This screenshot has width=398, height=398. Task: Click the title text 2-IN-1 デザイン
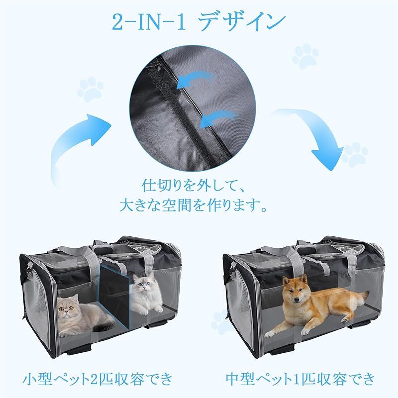click(x=199, y=23)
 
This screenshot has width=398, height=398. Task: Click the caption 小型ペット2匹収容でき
click(x=99, y=380)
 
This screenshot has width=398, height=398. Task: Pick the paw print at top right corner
click(x=307, y=57)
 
